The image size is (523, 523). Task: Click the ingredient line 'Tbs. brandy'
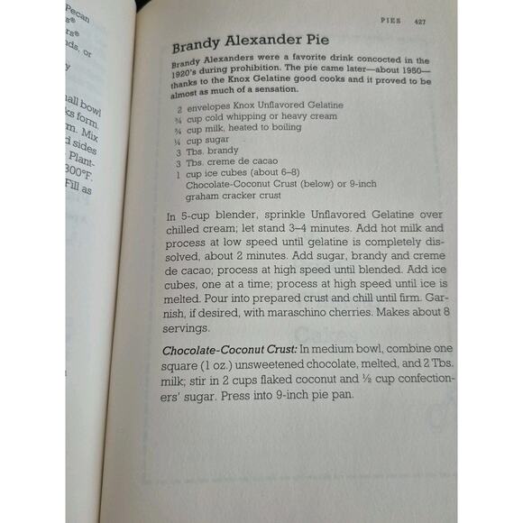tap(210, 151)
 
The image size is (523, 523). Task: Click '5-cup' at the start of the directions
tap(195, 216)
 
